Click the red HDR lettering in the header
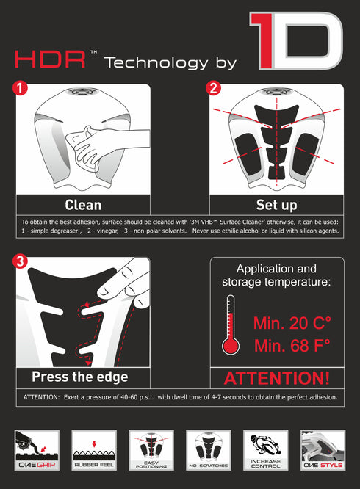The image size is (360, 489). pyautogui.click(x=50, y=59)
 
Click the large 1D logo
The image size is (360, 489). pyautogui.click(x=296, y=41)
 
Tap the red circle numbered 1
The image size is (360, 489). pyautogui.click(x=20, y=88)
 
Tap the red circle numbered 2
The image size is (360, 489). pyautogui.click(x=213, y=88)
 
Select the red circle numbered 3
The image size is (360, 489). pyautogui.click(x=20, y=261)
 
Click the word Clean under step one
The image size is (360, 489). pyautogui.click(x=83, y=205)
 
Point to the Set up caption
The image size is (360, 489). pyautogui.click(x=277, y=205)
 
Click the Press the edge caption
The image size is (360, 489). pyautogui.click(x=80, y=377)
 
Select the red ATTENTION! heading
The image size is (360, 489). pyautogui.click(x=277, y=378)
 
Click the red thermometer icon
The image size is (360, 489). pyautogui.click(x=231, y=325)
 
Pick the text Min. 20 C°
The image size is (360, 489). pyautogui.click(x=292, y=323)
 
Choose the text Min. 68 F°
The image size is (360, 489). pyautogui.click(x=292, y=346)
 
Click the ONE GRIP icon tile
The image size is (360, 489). pyautogui.click(x=37, y=450)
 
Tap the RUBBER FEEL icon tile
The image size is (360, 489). pyautogui.click(x=94, y=450)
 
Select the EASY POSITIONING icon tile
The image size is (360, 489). pyautogui.click(x=151, y=450)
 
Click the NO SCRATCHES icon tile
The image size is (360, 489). pyautogui.click(x=209, y=450)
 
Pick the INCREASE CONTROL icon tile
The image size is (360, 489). pyautogui.click(x=265, y=450)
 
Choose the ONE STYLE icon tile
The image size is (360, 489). pyautogui.click(x=323, y=450)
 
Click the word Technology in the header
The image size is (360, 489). pyautogui.click(x=156, y=62)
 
